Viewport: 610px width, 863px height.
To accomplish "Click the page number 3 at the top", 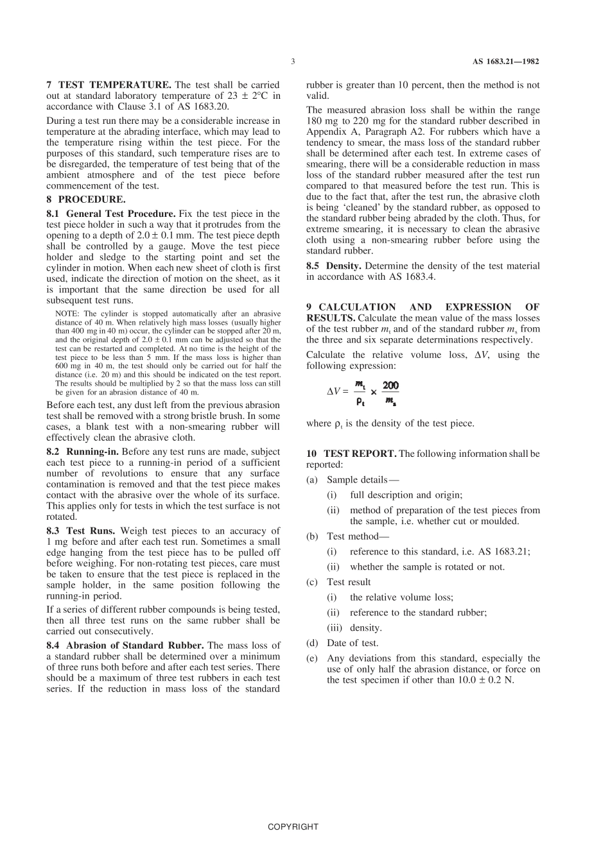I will pyautogui.click(x=292, y=62).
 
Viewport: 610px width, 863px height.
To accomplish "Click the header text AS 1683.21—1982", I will pyautogui.click(x=505, y=62).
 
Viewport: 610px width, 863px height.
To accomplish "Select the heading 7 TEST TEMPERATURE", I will pyautogui.click(x=109, y=85).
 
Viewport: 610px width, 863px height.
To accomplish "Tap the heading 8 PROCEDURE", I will pyautogui.click(x=86, y=200).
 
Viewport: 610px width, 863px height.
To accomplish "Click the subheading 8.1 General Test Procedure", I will pyautogui.click(x=111, y=214).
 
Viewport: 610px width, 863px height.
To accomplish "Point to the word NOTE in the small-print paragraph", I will pyautogui.click(x=67, y=314).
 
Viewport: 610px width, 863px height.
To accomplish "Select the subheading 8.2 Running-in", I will pyautogui.click(x=82, y=452).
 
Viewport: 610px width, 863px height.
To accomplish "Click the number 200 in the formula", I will pyautogui.click(x=390, y=386).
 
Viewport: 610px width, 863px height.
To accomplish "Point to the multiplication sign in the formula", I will pyautogui.click(x=374, y=392).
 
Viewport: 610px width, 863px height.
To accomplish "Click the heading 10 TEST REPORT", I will pyautogui.click(x=351, y=454).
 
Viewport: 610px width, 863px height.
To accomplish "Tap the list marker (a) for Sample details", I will pyautogui.click(x=312, y=480).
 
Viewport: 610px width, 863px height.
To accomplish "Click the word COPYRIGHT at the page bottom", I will pyautogui.click(x=293, y=826).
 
